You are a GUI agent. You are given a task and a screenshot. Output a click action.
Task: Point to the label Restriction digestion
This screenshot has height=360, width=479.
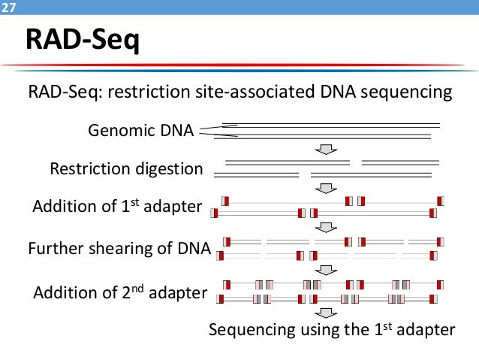click(126, 168)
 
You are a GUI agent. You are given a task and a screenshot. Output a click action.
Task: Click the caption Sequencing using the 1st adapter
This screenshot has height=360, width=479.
click(332, 330)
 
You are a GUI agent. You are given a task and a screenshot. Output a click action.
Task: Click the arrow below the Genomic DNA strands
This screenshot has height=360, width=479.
click(326, 150)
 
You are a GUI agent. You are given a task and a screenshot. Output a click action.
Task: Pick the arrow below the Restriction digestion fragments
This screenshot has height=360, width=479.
click(326, 188)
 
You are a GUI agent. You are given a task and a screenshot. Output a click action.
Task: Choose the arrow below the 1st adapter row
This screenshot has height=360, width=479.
click(326, 227)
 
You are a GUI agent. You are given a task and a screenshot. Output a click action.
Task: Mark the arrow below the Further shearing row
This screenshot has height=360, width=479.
click(326, 270)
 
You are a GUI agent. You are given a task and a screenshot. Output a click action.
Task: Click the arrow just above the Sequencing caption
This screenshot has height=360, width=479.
click(326, 313)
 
